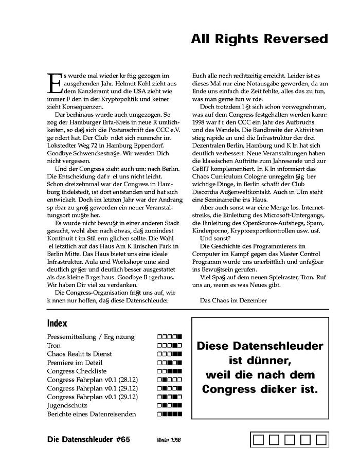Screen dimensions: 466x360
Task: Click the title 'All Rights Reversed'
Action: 259,39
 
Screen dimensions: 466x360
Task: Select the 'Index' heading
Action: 57,324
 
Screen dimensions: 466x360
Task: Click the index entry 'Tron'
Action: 53,346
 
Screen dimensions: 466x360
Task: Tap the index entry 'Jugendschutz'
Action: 65,405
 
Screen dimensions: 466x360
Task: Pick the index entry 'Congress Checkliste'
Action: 77,371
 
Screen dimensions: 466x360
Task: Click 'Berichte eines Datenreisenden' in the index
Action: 92,414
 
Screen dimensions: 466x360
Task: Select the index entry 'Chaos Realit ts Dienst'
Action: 79,354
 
